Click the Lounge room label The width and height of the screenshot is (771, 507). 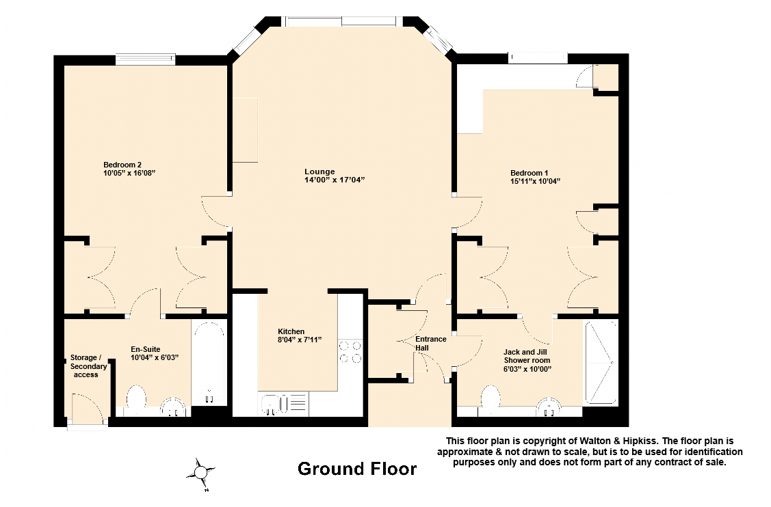[x=319, y=172]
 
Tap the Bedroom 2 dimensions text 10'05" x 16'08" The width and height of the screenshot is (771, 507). [x=129, y=174]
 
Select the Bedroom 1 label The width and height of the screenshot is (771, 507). [x=529, y=173]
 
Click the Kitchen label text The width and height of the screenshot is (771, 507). [x=291, y=331]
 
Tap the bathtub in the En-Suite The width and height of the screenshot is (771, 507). [x=209, y=363]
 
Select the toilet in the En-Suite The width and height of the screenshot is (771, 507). [x=137, y=399]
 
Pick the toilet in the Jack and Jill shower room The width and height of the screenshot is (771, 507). [x=491, y=399]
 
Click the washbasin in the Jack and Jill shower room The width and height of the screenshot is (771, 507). [x=549, y=407]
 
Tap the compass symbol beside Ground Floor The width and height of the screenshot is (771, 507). [x=201, y=471]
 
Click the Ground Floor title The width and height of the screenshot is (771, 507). [x=356, y=469]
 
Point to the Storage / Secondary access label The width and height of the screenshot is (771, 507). [x=88, y=366]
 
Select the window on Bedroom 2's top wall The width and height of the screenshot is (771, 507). [x=145, y=59]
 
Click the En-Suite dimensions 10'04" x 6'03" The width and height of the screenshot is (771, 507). [x=155, y=357]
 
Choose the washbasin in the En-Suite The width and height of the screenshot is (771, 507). [x=175, y=408]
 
